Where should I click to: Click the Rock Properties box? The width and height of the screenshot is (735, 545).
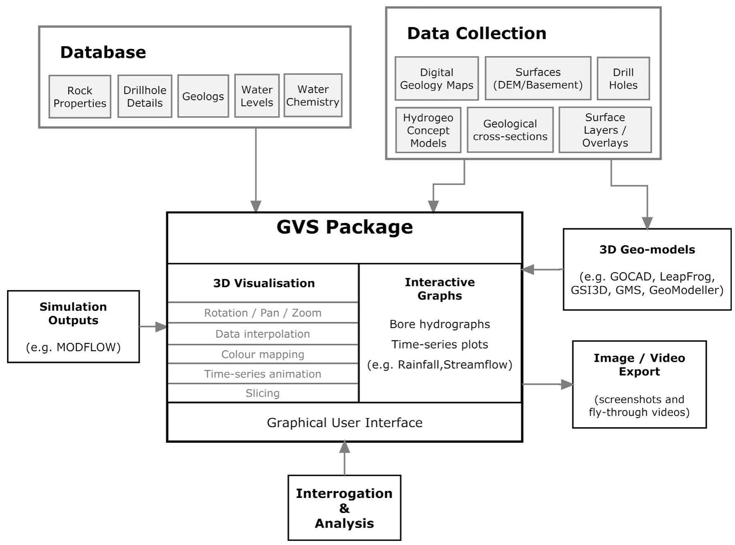tap(80, 97)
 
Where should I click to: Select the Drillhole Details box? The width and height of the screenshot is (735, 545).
tap(145, 97)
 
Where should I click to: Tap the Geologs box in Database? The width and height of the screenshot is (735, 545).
tap(203, 97)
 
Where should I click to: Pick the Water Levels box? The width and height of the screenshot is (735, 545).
tap(257, 96)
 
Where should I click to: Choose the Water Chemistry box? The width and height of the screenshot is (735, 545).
tap(313, 96)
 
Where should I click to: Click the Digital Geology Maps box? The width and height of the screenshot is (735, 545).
tap(436, 79)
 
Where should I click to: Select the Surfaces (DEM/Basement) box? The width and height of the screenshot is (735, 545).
tap(538, 79)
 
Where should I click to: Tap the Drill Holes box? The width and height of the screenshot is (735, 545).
tap(623, 79)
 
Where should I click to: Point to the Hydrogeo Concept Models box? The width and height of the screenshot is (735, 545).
tap(428, 130)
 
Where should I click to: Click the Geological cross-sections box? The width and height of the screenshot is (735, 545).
tap(510, 130)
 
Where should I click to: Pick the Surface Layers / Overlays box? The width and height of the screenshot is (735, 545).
tap(605, 130)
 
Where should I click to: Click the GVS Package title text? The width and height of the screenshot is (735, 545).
tap(344, 227)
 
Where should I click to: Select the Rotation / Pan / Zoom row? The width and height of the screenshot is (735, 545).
tap(263, 313)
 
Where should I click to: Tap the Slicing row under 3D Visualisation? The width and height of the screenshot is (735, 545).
tap(263, 393)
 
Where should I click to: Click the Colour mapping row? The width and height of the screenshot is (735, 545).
tap(263, 354)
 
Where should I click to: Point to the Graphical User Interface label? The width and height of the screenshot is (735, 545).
tap(344, 423)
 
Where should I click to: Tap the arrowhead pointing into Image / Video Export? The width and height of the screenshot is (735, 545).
tap(567, 384)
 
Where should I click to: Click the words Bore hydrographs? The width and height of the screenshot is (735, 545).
tap(440, 324)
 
